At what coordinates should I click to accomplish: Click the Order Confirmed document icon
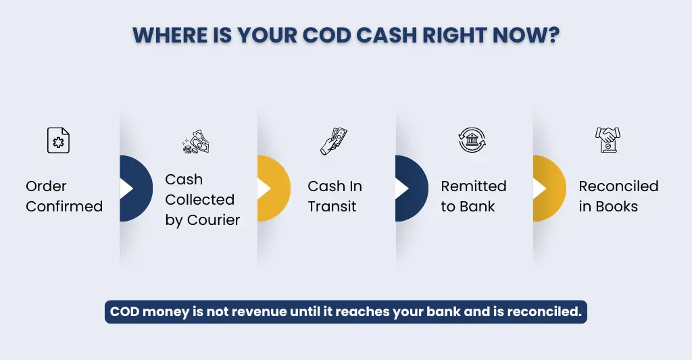[58, 140]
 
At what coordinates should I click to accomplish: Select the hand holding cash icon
[334, 141]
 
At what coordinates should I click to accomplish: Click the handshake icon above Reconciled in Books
[608, 140]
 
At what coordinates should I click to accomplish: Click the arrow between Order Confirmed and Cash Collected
[126, 188]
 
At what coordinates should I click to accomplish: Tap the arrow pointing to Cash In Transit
[264, 188]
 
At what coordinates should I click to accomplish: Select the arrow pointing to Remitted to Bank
[402, 188]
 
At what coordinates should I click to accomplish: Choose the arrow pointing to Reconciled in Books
[540, 188]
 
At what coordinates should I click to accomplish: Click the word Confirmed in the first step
[64, 206]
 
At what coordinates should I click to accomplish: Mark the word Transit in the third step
[332, 206]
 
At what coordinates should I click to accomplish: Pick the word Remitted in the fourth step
[474, 186]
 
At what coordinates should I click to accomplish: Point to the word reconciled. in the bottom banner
[545, 312]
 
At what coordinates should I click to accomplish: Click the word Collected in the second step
[200, 199]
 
